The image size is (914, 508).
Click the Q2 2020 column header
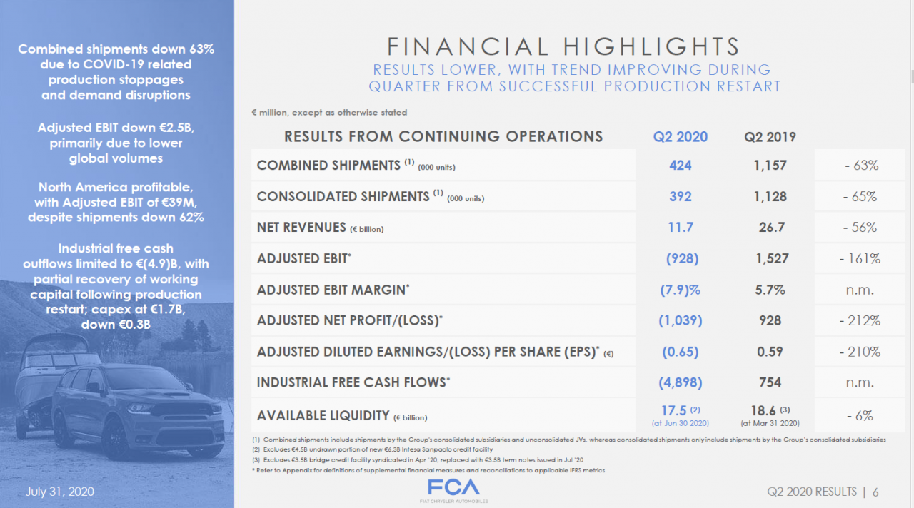680,136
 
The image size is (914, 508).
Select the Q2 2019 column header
770,136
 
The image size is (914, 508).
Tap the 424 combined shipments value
680,165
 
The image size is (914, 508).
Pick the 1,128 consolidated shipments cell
770,196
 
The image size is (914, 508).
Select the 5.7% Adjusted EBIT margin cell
770,290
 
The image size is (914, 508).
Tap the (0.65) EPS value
680,352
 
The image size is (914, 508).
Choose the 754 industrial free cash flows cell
770,382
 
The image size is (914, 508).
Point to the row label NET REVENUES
301,228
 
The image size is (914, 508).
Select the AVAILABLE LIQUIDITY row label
323,415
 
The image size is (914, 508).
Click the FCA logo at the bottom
453,488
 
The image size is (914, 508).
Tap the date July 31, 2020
60,492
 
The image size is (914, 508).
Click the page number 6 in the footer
875,492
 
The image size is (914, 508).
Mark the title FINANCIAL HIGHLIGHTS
564,47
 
